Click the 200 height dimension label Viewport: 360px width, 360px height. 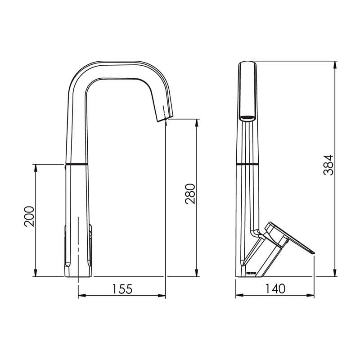[28, 216]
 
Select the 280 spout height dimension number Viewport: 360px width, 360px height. [190, 193]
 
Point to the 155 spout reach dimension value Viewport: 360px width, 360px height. [121, 288]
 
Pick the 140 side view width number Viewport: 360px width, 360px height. [275, 288]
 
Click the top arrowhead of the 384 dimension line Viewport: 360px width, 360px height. [335, 63]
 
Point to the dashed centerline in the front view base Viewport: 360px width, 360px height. [78, 247]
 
